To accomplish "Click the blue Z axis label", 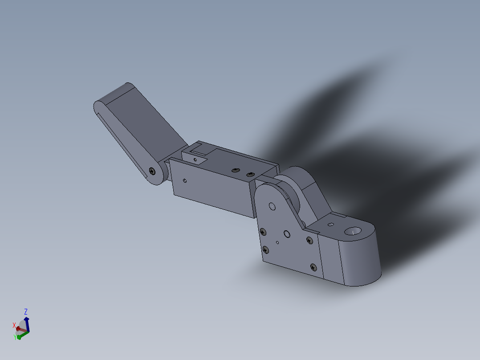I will point(26,311).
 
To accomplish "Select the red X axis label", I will point(14,325).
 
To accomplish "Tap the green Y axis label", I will point(15,338).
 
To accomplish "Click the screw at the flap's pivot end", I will point(153,171).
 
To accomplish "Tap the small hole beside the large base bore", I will point(330,225).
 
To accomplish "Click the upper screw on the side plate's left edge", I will point(263,231).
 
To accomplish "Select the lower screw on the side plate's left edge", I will point(266,250).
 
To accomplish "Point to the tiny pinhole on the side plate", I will point(277,243).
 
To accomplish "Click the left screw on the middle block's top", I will point(235,170).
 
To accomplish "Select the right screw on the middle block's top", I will point(250,174).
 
